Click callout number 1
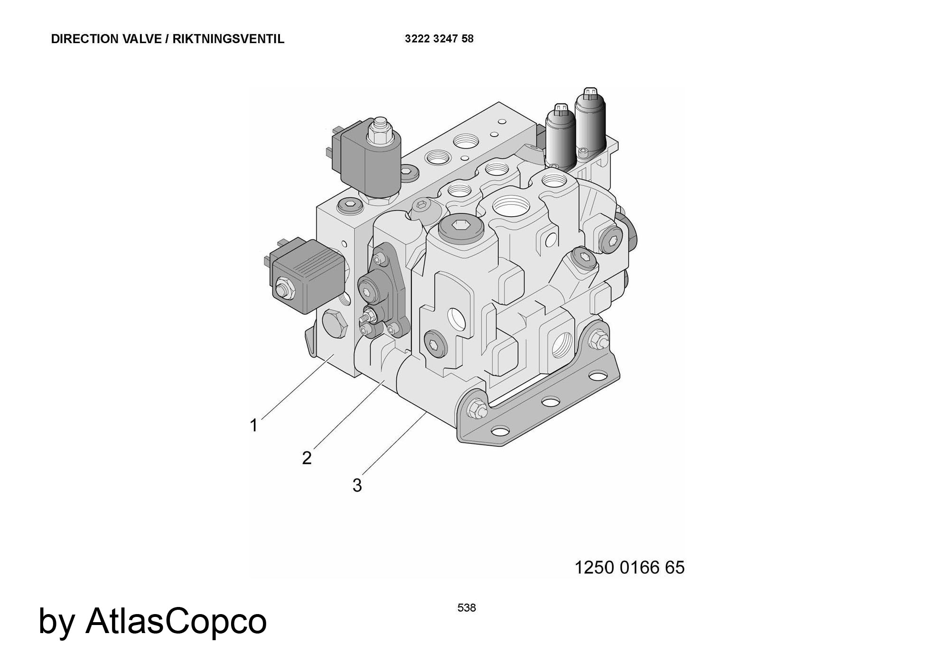[254, 425]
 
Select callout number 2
[307, 458]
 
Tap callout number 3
[357, 485]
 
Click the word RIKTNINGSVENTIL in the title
[228, 39]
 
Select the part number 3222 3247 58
[439, 39]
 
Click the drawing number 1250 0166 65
[630, 568]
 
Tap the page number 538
[466, 608]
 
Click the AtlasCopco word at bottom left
[176, 621]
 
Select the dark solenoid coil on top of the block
[372, 159]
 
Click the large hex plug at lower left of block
[335, 324]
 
